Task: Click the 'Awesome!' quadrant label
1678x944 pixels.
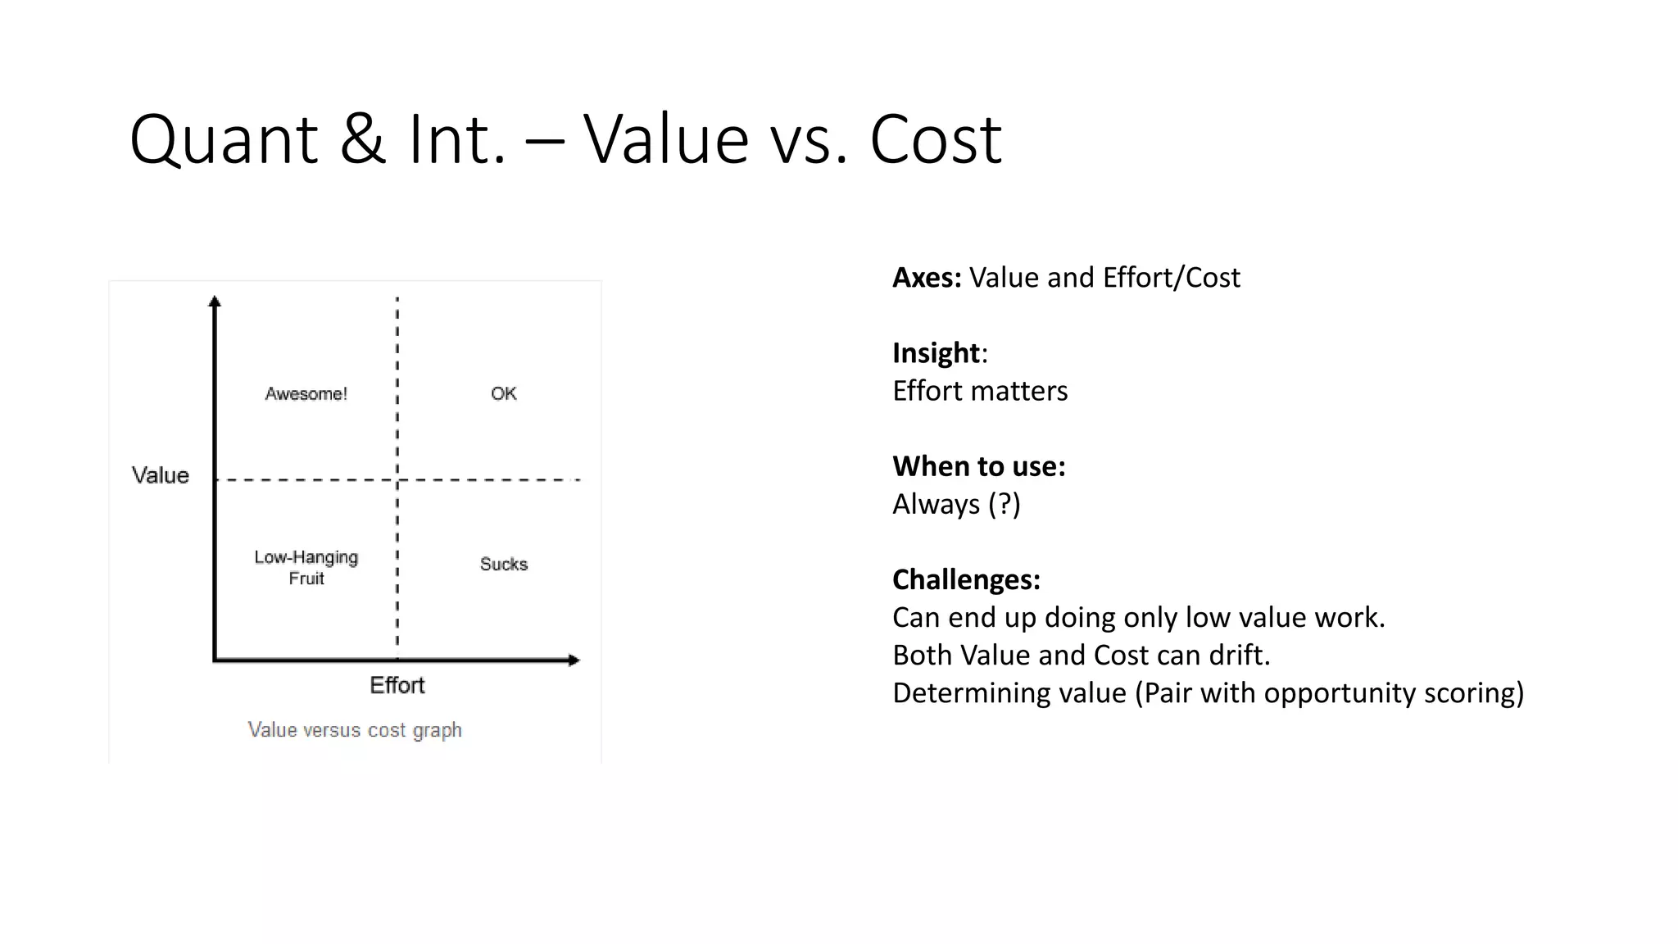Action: [306, 394]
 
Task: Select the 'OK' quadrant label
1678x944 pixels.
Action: [503, 393]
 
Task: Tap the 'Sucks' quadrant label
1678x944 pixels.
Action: [503, 564]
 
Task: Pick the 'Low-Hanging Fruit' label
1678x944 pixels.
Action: [306, 567]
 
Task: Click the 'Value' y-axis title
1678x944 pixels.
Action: [161, 475]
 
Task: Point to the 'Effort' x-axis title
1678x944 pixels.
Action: [397, 685]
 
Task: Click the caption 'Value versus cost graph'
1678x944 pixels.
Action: [355, 729]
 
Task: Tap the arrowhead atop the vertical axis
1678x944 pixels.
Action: [215, 301]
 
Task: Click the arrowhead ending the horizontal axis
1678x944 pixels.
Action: [574, 660]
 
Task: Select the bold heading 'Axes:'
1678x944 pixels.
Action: [927, 278]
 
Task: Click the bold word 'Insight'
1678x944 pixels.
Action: [936, 353]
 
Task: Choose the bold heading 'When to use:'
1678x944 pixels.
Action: [978, 466]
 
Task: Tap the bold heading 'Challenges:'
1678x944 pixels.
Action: [966, 579]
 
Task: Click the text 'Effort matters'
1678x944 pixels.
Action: [980, 391]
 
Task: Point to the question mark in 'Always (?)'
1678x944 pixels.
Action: [1004, 504]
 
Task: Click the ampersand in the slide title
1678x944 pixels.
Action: [362, 139]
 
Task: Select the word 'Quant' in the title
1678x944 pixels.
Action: [223, 139]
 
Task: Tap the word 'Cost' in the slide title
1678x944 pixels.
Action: [936, 139]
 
